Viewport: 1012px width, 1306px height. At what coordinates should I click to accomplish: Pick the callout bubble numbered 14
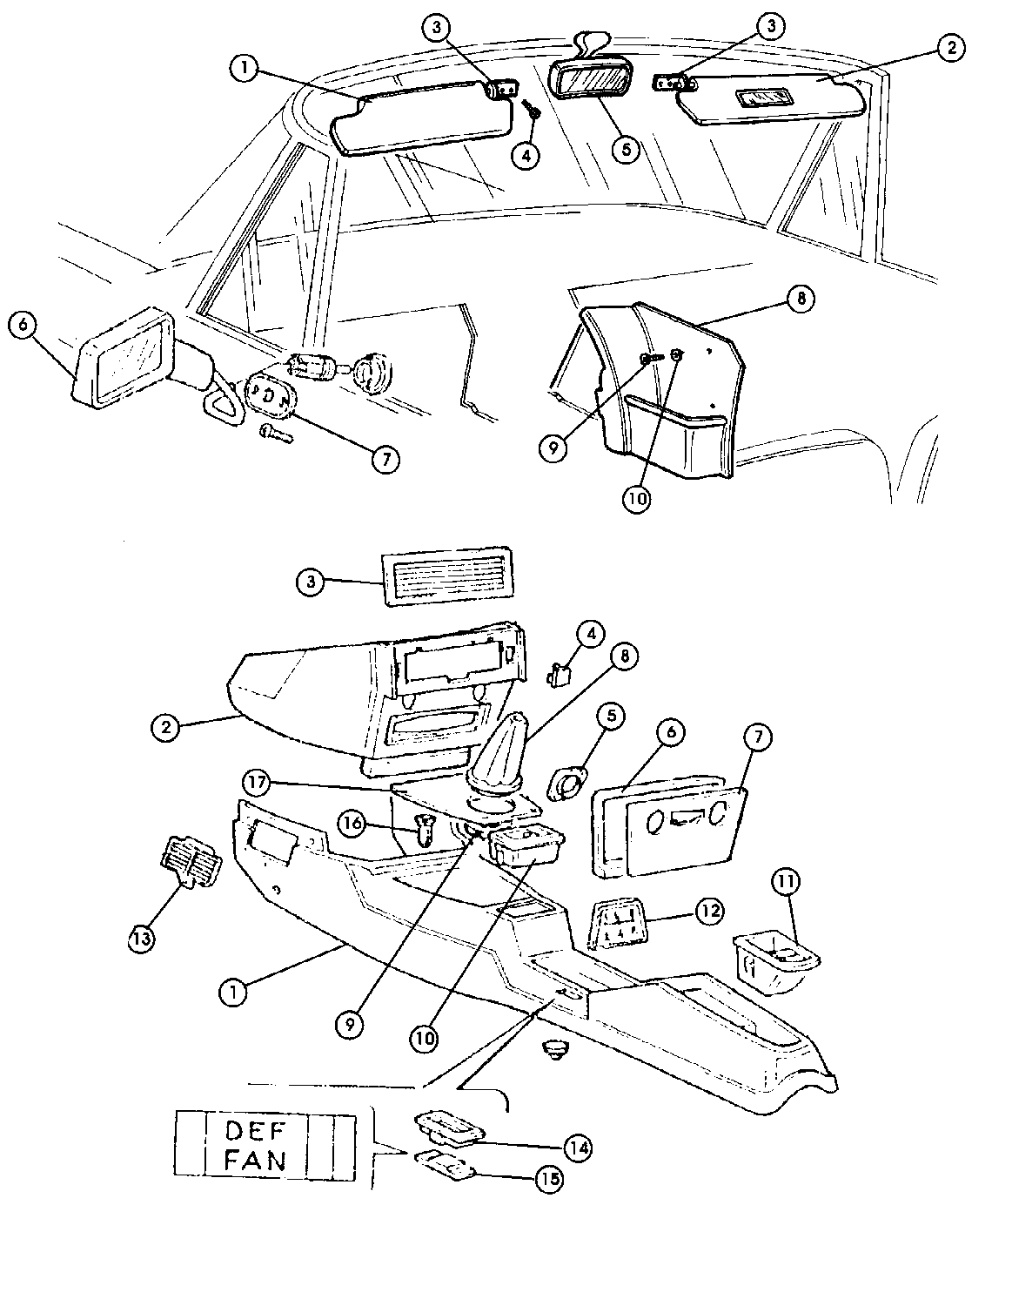click(578, 1148)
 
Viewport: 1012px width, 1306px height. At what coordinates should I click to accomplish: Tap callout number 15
click(550, 1179)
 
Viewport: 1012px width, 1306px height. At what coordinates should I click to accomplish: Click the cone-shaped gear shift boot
click(499, 754)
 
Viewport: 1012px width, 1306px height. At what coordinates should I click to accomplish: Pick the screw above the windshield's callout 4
click(532, 111)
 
